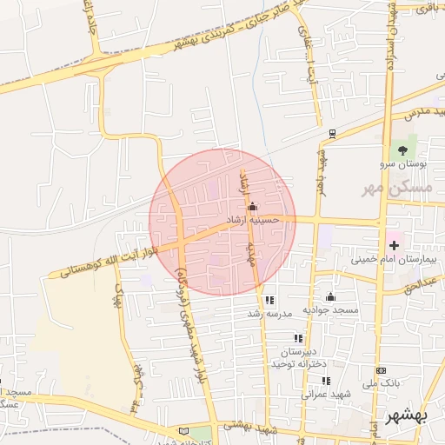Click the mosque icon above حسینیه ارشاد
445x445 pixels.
point(252,207)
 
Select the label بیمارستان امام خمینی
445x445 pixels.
point(389,259)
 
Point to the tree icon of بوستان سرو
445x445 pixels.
point(402,149)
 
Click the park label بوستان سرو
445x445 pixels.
point(398,163)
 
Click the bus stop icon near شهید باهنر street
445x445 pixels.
point(332,133)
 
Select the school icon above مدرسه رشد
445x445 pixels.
point(269,300)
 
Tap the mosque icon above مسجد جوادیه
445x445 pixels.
point(330,297)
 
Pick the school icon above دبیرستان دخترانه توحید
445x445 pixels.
point(298,338)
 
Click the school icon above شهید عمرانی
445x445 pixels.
point(326,381)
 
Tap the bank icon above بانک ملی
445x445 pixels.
point(380,369)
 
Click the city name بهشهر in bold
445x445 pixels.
point(407,416)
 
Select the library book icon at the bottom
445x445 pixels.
point(183,431)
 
